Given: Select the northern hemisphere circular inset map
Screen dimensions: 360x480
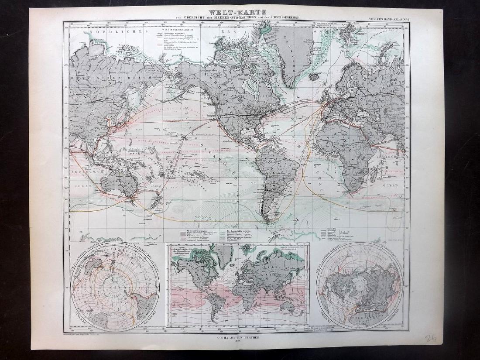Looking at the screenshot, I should point(360,285).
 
